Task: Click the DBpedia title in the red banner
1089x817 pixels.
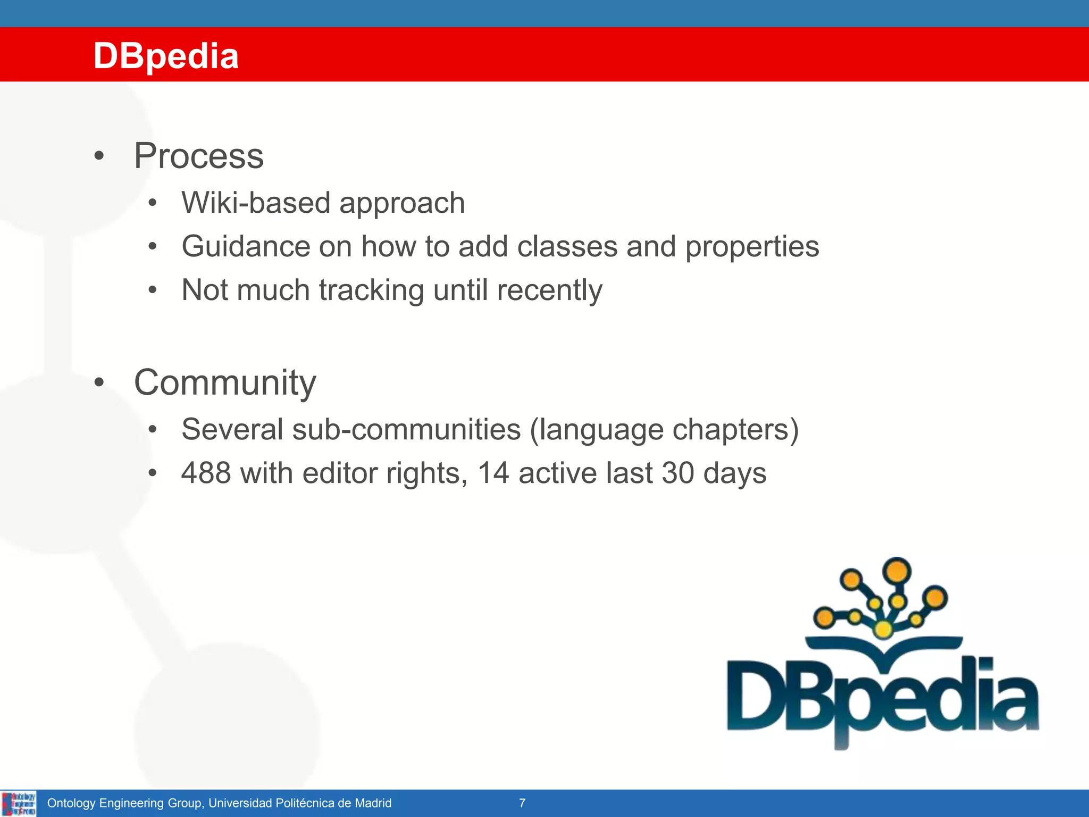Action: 165,56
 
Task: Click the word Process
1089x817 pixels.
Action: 198,156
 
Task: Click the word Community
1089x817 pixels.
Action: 224,382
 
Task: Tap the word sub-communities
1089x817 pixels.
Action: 406,429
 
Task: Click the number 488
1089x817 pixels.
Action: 206,473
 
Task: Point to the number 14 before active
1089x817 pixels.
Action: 493,473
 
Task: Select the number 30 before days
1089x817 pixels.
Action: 677,473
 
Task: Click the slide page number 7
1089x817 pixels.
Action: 522,803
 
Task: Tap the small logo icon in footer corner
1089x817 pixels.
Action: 19,803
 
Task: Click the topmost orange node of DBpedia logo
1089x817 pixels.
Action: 897,572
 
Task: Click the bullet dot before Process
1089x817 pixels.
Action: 99,156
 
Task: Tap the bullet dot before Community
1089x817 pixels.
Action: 99,382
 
